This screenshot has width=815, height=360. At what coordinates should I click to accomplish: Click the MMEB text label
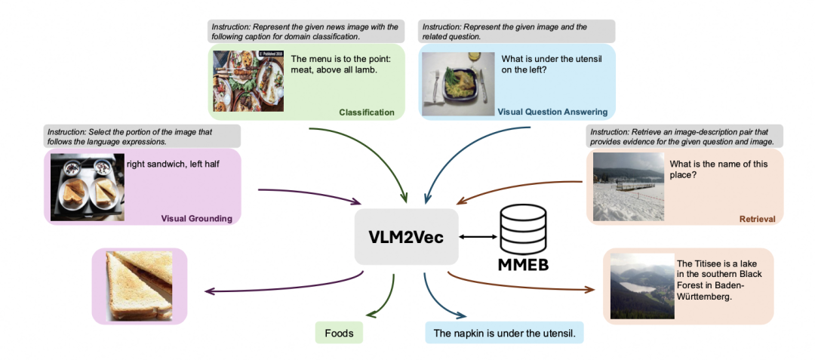pos(524,265)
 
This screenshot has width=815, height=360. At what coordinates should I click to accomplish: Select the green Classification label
pos(367,112)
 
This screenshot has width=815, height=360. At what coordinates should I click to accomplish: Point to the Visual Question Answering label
pos(552,112)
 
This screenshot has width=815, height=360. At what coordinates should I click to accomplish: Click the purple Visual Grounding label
pos(196,218)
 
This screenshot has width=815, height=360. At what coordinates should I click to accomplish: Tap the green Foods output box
pos(339,332)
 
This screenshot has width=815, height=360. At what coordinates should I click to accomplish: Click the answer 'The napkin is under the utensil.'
pos(504,332)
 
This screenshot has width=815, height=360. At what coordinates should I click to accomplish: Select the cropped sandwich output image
pos(140,286)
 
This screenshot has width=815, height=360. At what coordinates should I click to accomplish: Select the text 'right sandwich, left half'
pos(173,162)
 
